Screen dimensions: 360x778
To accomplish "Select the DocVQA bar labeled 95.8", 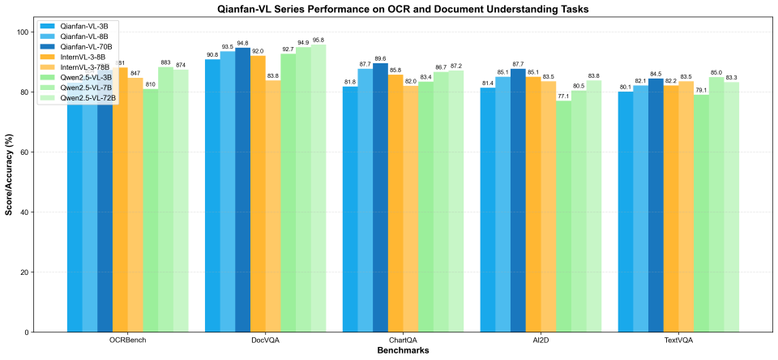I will [318, 188].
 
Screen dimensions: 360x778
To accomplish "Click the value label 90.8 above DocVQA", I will [212, 54].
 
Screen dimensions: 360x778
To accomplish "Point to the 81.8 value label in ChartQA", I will [350, 81].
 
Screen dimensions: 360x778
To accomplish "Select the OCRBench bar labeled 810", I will [151, 210].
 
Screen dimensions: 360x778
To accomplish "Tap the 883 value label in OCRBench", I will [165, 62].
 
